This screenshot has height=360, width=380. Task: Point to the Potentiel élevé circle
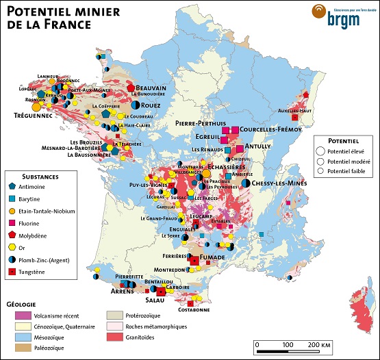pos(320,150)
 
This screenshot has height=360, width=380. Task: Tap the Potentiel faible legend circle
pos(320,171)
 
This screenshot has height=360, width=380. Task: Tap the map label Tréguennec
pos(30,116)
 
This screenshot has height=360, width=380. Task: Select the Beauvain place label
pos(151,88)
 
